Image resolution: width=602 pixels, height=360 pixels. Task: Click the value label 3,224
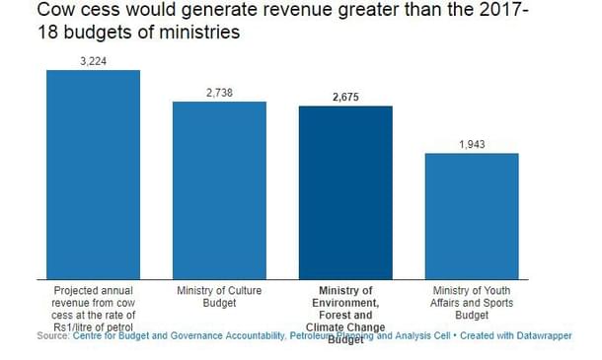click(93, 61)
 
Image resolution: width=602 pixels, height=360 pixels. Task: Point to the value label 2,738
click(219, 92)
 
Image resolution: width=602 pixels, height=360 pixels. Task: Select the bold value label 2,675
click(345, 97)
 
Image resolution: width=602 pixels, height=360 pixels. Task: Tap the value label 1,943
click(472, 144)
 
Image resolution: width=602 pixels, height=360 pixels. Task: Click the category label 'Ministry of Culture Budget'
click(219, 298)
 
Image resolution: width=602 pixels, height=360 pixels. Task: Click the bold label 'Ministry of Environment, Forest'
click(345, 304)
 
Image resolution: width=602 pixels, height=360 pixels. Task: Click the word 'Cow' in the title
click(29, 11)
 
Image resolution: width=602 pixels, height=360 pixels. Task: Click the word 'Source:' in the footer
click(52, 337)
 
